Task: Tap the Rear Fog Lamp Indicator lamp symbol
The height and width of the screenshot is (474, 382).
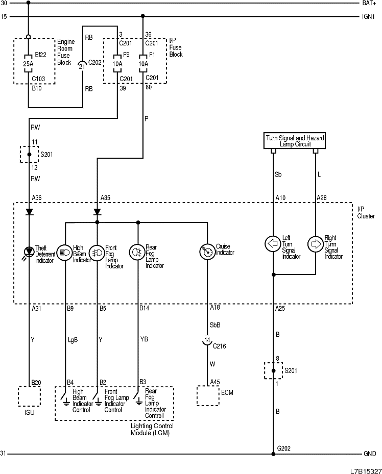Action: (x=137, y=252)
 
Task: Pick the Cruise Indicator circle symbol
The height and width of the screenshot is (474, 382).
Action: (x=207, y=252)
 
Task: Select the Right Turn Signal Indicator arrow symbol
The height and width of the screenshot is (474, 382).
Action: (x=316, y=243)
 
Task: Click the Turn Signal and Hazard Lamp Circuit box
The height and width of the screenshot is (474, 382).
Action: (x=295, y=141)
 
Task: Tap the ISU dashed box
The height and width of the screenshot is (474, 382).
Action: (x=29, y=396)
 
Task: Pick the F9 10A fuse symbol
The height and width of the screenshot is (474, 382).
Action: (x=117, y=64)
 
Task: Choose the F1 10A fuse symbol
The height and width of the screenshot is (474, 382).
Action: (x=142, y=64)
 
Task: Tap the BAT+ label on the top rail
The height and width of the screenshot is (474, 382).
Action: (x=369, y=3)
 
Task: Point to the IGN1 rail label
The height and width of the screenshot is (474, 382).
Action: (x=369, y=17)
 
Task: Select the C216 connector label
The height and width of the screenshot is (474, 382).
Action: (x=220, y=345)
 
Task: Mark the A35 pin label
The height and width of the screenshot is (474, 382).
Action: (x=105, y=197)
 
